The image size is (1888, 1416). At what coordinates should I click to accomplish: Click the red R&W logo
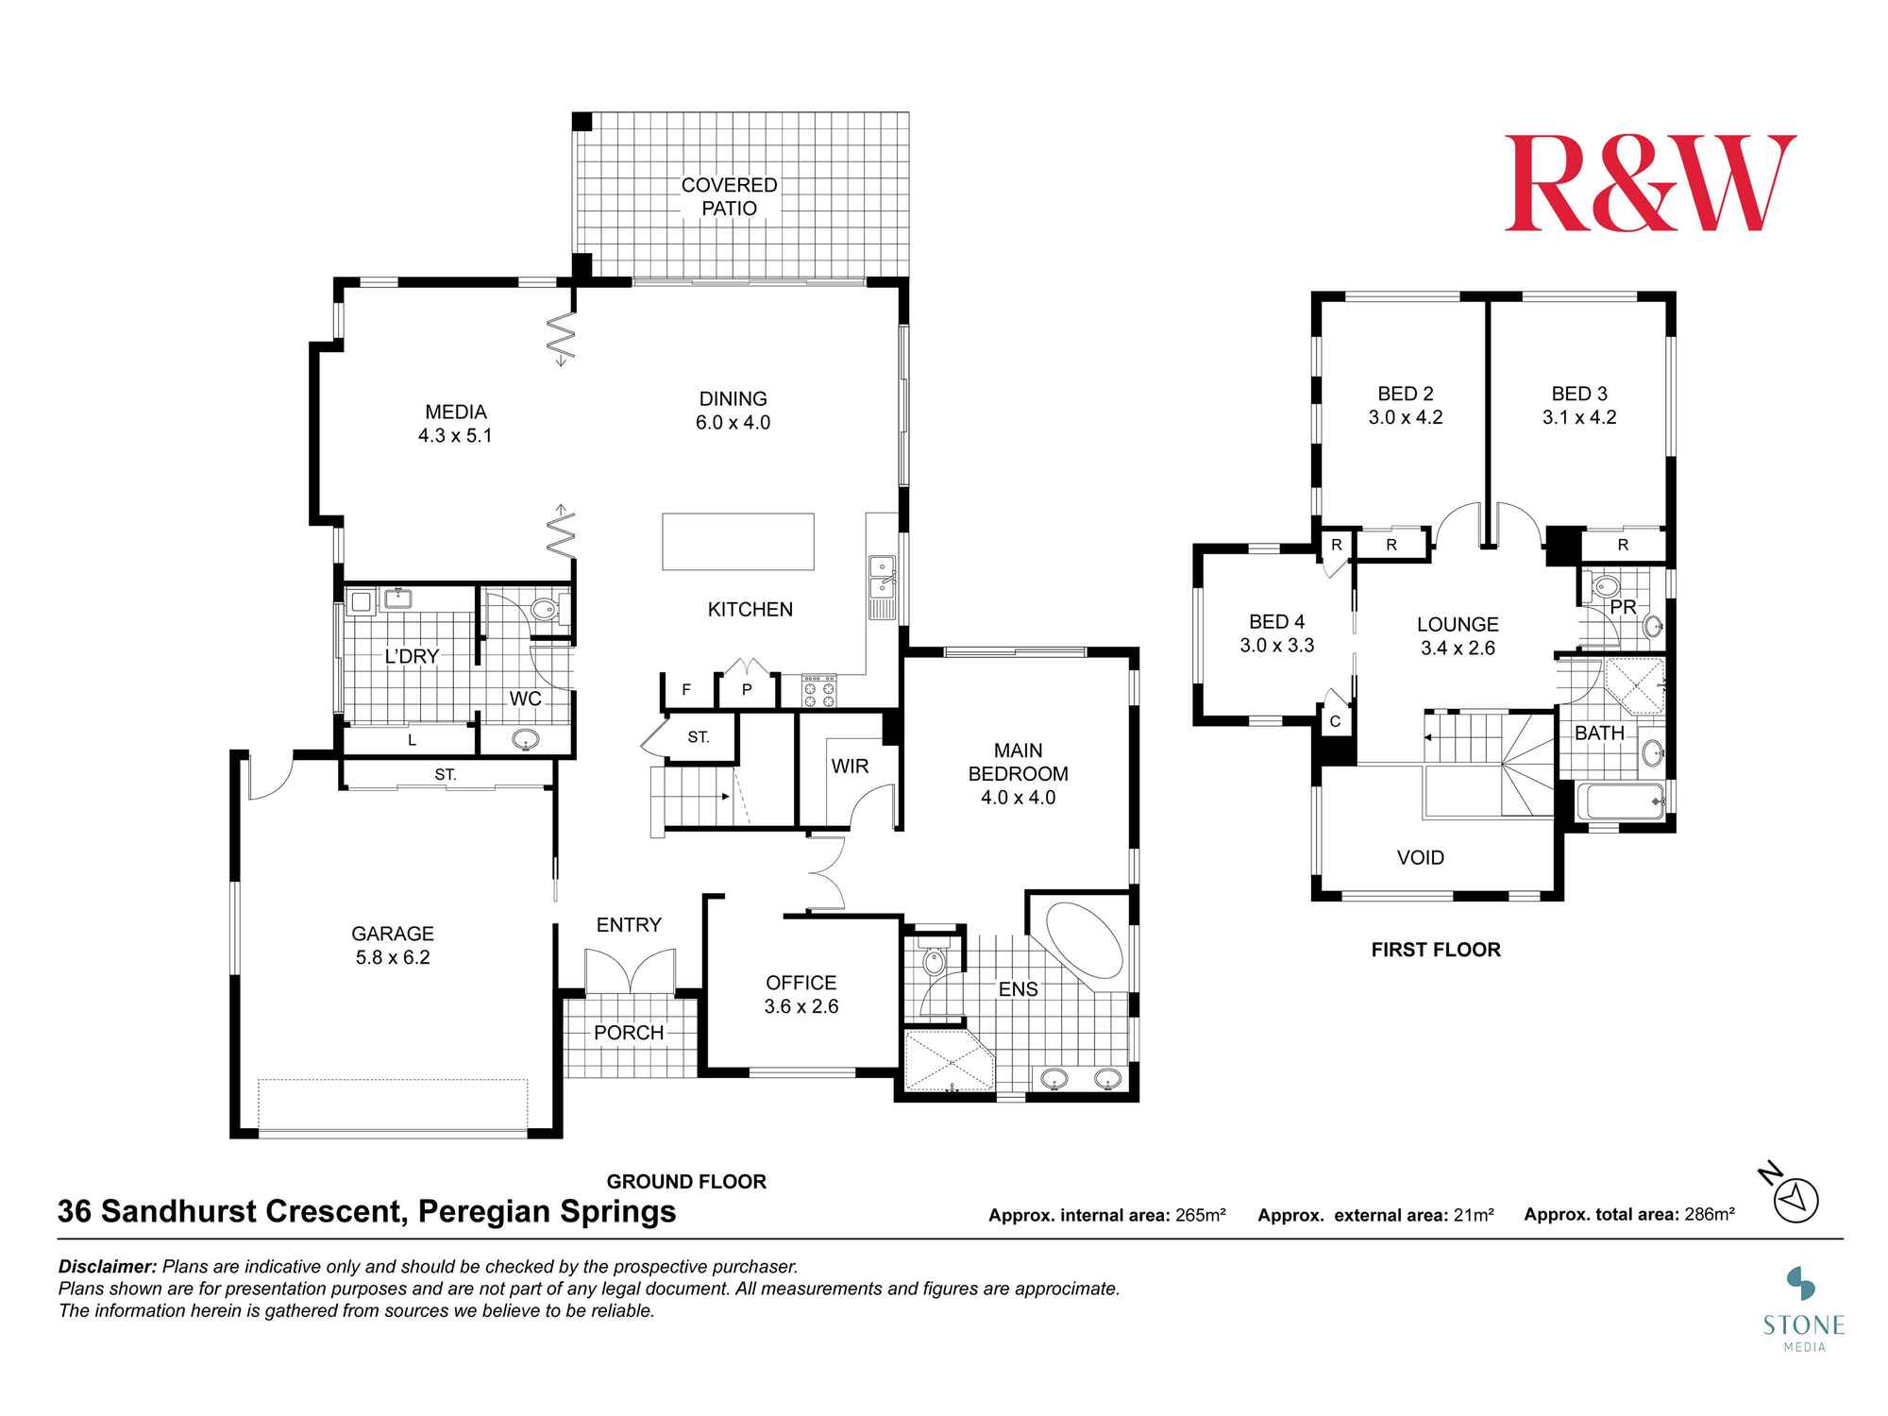tap(1649, 183)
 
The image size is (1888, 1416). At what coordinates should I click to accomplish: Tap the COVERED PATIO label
tap(729, 196)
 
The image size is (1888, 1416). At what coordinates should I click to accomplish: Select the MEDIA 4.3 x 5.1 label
tap(455, 424)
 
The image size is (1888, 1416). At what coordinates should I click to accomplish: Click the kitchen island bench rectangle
tap(737, 542)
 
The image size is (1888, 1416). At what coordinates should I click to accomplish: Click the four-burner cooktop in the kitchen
tap(818, 691)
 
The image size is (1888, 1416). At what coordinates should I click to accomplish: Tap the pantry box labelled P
tap(747, 690)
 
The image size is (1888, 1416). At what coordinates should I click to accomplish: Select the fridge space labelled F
tap(686, 690)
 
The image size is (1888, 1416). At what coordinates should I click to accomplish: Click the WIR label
tap(850, 767)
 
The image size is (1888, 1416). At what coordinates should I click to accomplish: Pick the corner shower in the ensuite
tap(948, 1061)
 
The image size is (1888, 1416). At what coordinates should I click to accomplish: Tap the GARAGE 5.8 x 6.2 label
tap(393, 945)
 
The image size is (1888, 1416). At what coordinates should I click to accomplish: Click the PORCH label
tap(629, 1033)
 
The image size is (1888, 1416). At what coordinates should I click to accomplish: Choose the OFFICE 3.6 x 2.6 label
tap(801, 994)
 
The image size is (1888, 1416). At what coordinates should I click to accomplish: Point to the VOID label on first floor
tap(1420, 857)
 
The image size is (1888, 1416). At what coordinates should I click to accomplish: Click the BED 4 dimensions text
tap(1276, 646)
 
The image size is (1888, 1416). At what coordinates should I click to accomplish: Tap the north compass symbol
tap(1795, 1200)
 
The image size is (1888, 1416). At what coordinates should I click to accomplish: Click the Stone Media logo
tap(1803, 1308)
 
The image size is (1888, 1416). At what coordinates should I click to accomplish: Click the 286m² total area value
tap(1710, 1215)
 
